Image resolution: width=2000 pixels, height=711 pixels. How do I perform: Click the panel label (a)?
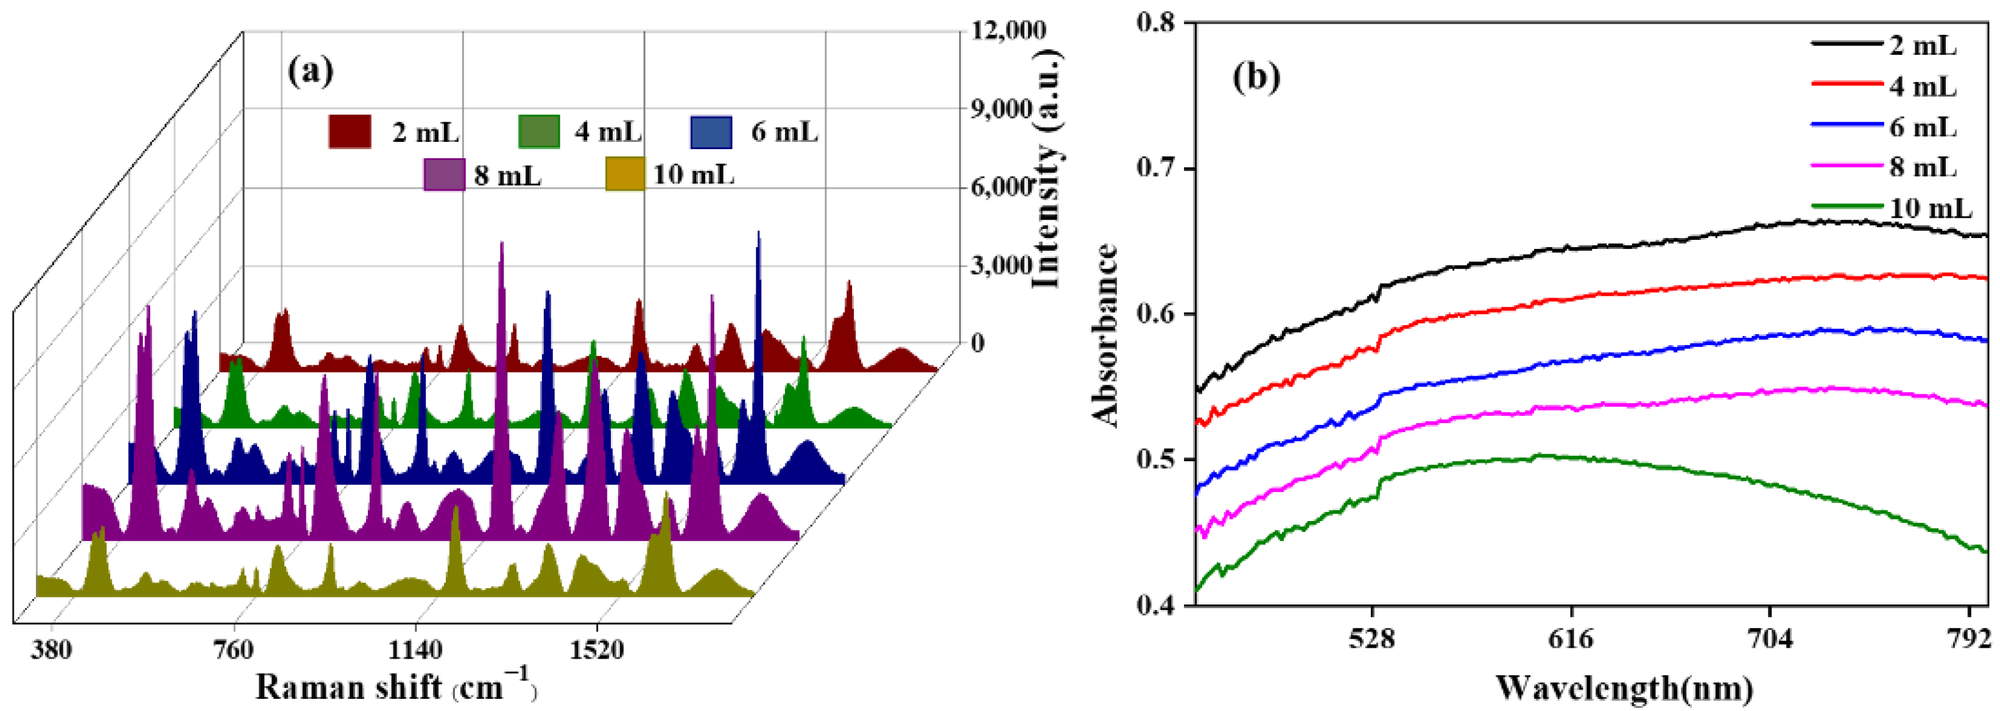[x=311, y=71]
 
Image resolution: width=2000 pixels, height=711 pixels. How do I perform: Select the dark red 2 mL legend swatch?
[x=350, y=132]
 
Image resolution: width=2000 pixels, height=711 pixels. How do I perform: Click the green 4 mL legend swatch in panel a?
[x=539, y=132]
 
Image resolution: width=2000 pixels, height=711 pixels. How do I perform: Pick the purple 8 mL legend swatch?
[x=444, y=175]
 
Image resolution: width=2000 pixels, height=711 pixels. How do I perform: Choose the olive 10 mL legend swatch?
[x=625, y=174]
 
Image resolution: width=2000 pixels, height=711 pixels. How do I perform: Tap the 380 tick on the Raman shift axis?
[x=51, y=649]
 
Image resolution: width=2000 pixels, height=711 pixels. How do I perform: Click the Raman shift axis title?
[x=396, y=687]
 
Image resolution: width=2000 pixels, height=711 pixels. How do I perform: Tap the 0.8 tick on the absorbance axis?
[x=1155, y=23]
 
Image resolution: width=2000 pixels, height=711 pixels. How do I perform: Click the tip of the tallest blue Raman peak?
[x=759, y=231]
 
